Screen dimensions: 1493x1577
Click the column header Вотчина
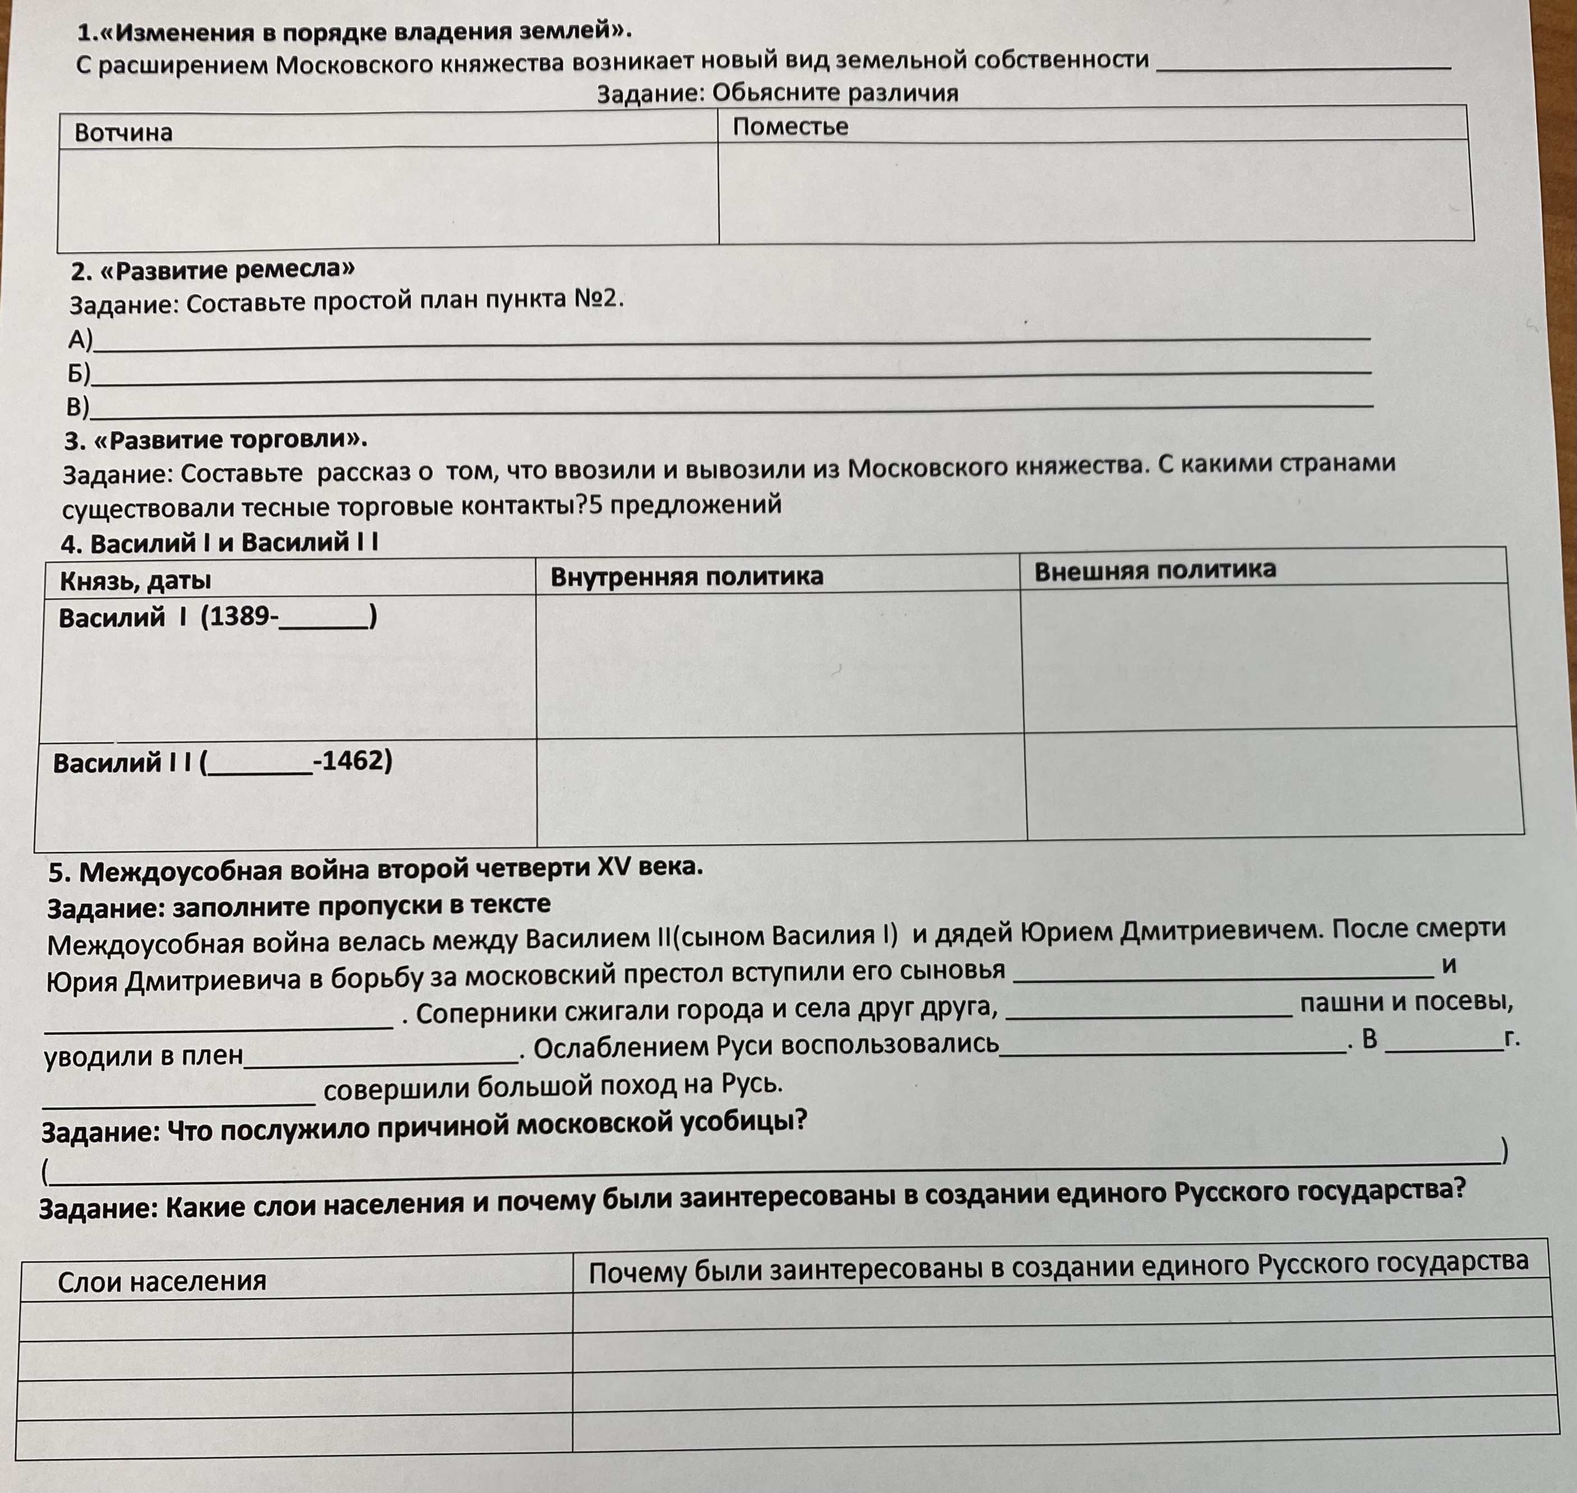[123, 132]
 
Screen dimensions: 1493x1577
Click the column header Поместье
[790, 127]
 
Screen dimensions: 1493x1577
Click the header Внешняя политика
[1154, 570]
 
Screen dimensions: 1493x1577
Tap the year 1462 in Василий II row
[353, 761]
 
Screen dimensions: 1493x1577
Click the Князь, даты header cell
[135, 581]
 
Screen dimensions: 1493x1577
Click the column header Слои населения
[161, 1281]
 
